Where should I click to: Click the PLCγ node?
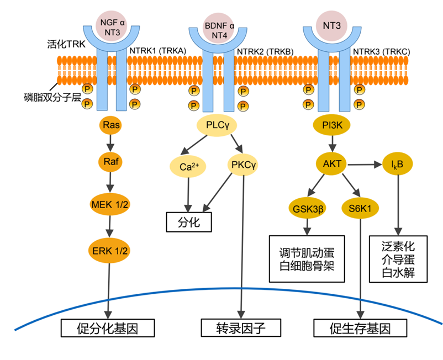click(x=217, y=126)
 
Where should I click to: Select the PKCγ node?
click(x=244, y=165)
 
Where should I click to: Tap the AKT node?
click(x=332, y=163)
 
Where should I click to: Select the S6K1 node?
click(x=360, y=208)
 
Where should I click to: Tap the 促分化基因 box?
click(x=107, y=329)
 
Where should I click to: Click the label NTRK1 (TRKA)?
click(x=157, y=51)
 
